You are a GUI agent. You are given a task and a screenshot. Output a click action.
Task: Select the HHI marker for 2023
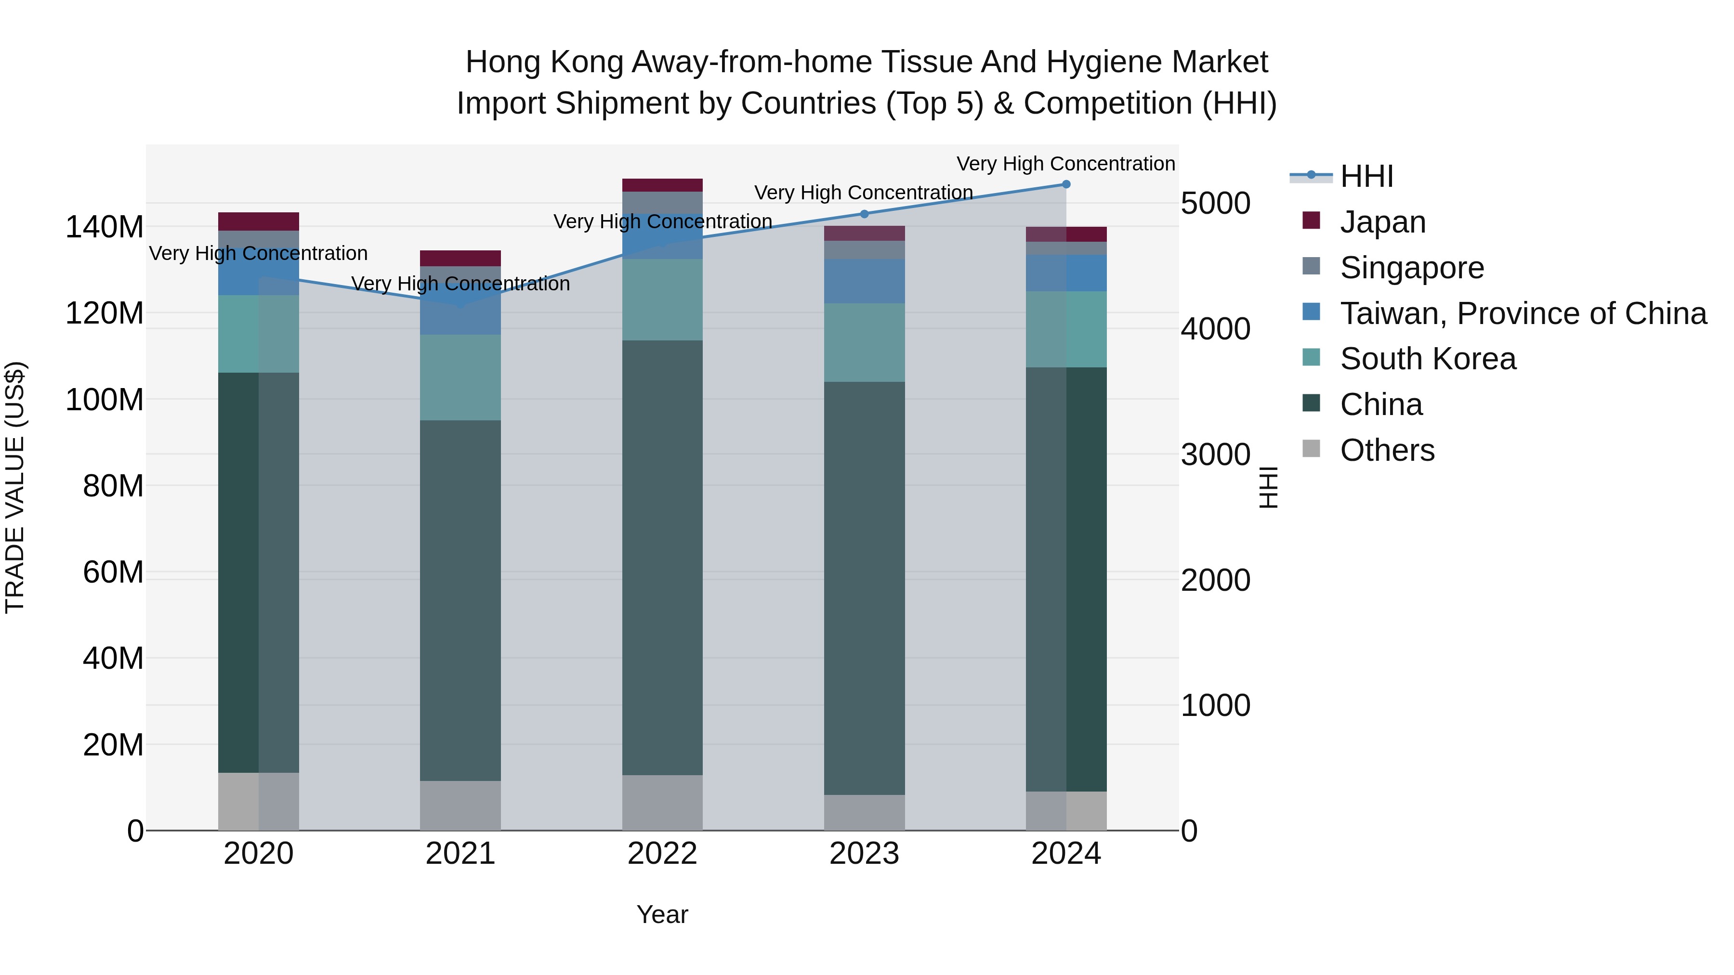tap(864, 214)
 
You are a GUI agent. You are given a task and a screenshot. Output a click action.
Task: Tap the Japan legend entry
tap(1382, 222)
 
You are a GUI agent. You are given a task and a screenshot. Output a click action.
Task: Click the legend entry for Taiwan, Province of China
tap(1523, 313)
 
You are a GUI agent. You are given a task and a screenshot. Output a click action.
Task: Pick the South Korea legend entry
tap(1427, 359)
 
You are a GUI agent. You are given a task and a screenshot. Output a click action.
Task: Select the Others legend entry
tap(1387, 450)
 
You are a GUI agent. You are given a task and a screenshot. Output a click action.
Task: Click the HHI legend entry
tap(1366, 176)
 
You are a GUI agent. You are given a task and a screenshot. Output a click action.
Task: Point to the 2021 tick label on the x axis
tap(460, 854)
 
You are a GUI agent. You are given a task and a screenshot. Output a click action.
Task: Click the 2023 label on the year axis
tap(864, 854)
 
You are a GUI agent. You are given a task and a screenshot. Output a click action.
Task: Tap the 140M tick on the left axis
tap(105, 227)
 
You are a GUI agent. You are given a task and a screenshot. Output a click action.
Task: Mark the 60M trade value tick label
tap(113, 572)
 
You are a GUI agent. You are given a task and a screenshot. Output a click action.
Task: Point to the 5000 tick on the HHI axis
tap(1216, 203)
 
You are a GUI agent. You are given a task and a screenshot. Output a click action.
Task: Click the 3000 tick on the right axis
tap(1216, 455)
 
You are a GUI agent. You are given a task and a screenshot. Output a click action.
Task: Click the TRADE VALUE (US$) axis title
tap(15, 487)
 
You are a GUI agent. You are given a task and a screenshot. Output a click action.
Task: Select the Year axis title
tap(662, 914)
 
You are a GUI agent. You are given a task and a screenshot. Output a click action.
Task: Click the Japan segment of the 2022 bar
tap(662, 185)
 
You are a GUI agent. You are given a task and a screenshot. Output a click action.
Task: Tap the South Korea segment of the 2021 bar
tap(460, 377)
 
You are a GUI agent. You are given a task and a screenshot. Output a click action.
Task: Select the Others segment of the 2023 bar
tap(864, 812)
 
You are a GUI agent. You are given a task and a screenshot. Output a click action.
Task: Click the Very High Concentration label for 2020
tap(259, 254)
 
